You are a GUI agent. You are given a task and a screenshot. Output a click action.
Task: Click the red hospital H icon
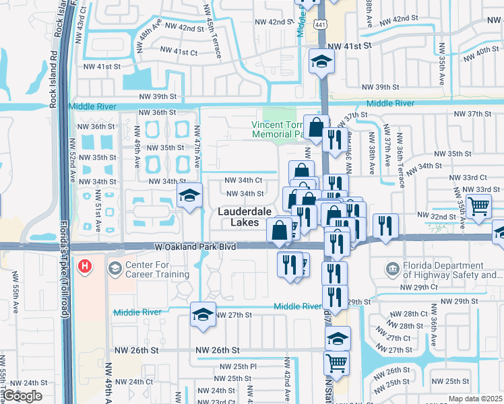coord(84,267)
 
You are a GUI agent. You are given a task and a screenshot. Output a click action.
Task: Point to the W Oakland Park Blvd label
coord(195,248)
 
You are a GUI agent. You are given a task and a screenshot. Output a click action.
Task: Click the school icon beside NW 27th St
coord(203,314)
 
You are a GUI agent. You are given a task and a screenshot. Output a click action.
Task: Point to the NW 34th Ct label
coord(243,180)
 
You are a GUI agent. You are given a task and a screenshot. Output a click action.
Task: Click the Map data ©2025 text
coord(475,399)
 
